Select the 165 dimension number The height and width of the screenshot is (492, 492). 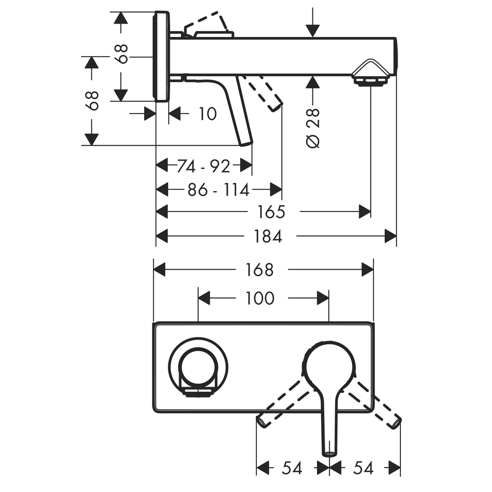click(x=271, y=212)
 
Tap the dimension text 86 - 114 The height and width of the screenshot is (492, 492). click(x=218, y=189)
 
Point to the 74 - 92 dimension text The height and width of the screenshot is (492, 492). click(x=204, y=167)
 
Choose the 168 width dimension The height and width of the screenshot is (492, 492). click(x=260, y=270)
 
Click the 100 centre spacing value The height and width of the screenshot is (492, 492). click(x=261, y=298)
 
